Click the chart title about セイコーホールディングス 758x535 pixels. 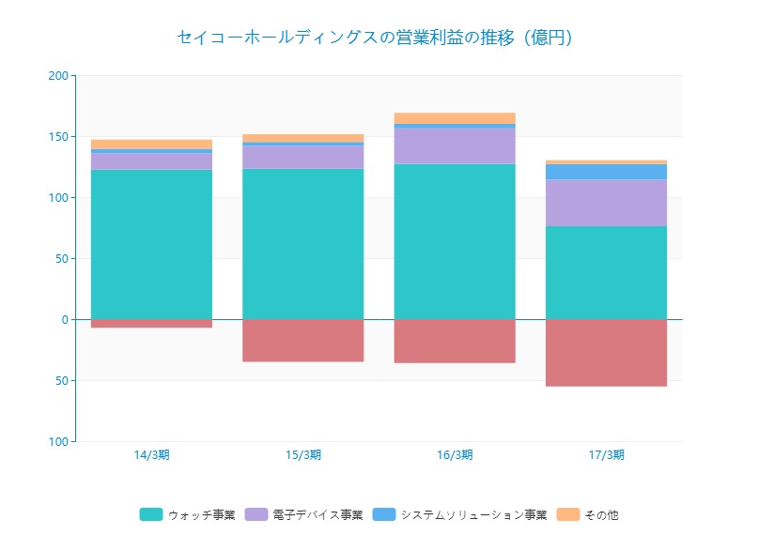[x=374, y=38]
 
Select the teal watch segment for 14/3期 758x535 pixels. [x=151, y=244]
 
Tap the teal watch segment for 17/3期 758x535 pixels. [x=606, y=272]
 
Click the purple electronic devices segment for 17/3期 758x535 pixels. [x=606, y=202]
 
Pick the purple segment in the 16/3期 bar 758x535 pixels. [x=455, y=145]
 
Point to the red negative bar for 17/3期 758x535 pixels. [x=606, y=352]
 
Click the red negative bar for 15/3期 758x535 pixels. [x=302, y=340]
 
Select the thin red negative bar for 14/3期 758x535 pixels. [x=151, y=324]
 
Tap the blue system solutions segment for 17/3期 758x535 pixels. [x=606, y=172]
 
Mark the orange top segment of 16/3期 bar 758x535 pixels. [x=455, y=117]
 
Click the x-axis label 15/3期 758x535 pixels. [x=302, y=454]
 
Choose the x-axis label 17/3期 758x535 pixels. [x=606, y=454]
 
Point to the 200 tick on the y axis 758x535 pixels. [x=58, y=75]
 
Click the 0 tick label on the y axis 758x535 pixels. [x=64, y=319]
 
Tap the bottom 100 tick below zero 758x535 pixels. [x=58, y=441]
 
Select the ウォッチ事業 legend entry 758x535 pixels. [x=188, y=514]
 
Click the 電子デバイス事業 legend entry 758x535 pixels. [x=304, y=514]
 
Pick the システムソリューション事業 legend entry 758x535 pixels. [x=460, y=514]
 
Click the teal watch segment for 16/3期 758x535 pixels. [x=455, y=241]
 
